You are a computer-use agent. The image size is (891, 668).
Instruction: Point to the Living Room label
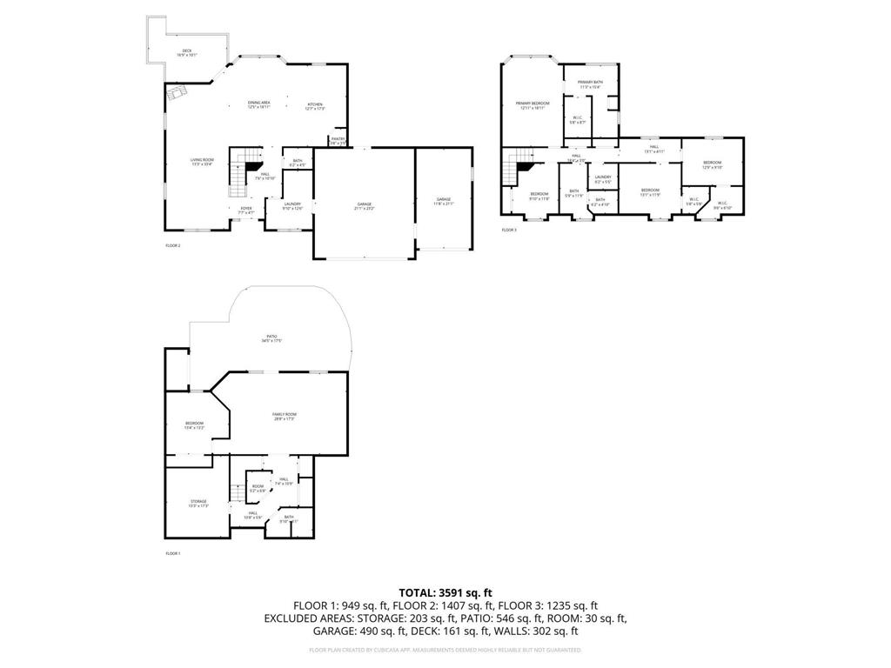[202, 162]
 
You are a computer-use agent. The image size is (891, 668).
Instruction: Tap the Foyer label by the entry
[246, 210]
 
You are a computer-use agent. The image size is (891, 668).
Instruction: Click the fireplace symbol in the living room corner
[177, 93]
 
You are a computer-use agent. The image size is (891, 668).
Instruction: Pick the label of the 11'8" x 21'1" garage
[444, 201]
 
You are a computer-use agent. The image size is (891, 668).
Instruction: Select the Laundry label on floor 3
[602, 179]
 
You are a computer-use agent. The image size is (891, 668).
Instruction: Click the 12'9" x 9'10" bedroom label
[712, 165]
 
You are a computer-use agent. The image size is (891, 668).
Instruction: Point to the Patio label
[271, 337]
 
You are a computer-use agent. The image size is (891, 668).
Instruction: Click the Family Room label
[285, 417]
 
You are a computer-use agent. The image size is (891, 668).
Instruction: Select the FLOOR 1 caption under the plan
[173, 553]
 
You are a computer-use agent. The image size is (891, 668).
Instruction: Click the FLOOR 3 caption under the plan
[509, 230]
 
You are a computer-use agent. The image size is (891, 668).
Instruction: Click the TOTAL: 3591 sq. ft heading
[445, 591]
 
